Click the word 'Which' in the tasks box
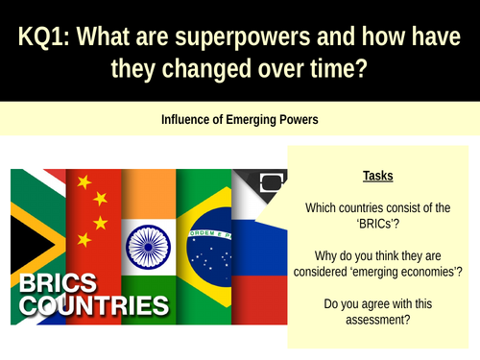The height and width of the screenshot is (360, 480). (323, 207)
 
